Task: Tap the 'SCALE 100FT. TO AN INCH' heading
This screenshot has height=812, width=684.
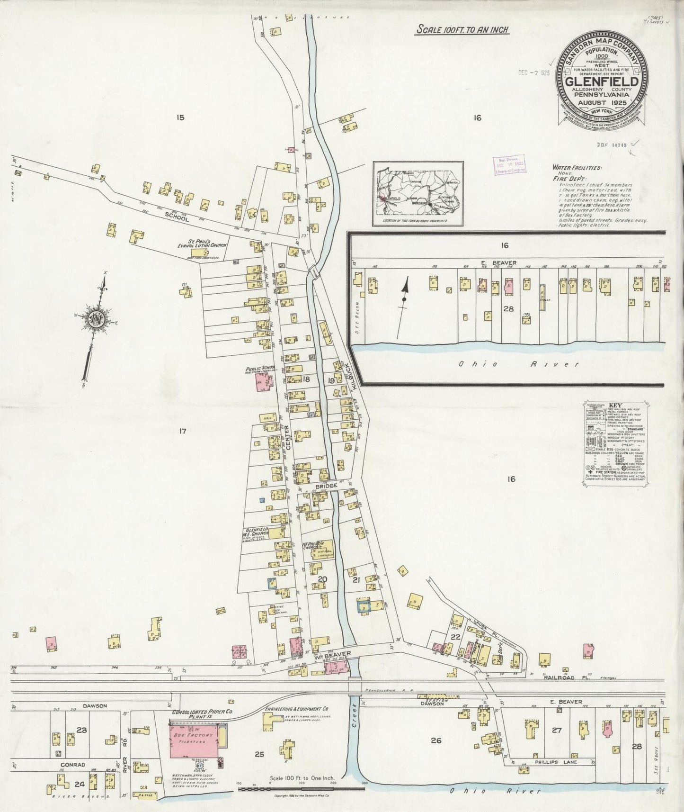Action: [x=462, y=30]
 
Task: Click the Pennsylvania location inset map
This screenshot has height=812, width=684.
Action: [x=418, y=194]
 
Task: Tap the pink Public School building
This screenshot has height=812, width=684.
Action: [x=263, y=382]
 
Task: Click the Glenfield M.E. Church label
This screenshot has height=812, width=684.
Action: [x=256, y=532]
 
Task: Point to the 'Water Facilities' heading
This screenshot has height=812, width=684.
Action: [x=576, y=167]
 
